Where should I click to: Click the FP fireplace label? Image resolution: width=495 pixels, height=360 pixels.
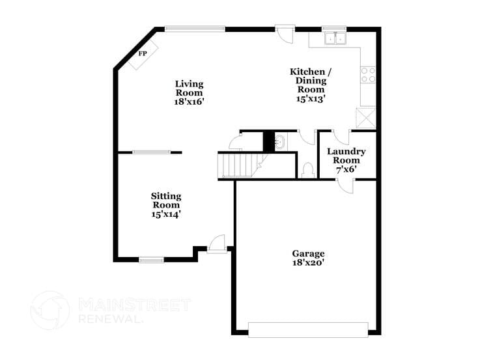[x=143, y=53]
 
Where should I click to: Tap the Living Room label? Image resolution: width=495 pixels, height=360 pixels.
[x=189, y=88]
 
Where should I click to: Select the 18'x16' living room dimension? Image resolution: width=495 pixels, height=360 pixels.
[x=189, y=102]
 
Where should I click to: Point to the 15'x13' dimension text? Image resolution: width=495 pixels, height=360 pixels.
[x=311, y=99]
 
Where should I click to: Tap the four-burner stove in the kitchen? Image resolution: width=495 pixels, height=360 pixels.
[x=369, y=74]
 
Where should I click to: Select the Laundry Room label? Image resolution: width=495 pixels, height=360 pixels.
[x=346, y=156]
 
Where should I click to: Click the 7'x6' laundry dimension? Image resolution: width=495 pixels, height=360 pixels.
[x=346, y=169]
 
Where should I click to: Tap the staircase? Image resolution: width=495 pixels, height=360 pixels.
[x=239, y=164]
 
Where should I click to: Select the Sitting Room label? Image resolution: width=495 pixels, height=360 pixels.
[x=166, y=200]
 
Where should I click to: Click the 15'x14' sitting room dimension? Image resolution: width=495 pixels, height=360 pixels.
[x=166, y=213]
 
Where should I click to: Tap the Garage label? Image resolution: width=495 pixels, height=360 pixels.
[x=307, y=253]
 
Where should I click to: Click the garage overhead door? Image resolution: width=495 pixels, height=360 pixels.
[x=307, y=329]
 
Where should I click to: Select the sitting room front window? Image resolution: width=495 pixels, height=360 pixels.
[x=151, y=260]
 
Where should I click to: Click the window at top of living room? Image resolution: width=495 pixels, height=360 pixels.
[x=195, y=29]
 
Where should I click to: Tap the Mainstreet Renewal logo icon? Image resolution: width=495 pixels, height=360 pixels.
[x=50, y=310]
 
